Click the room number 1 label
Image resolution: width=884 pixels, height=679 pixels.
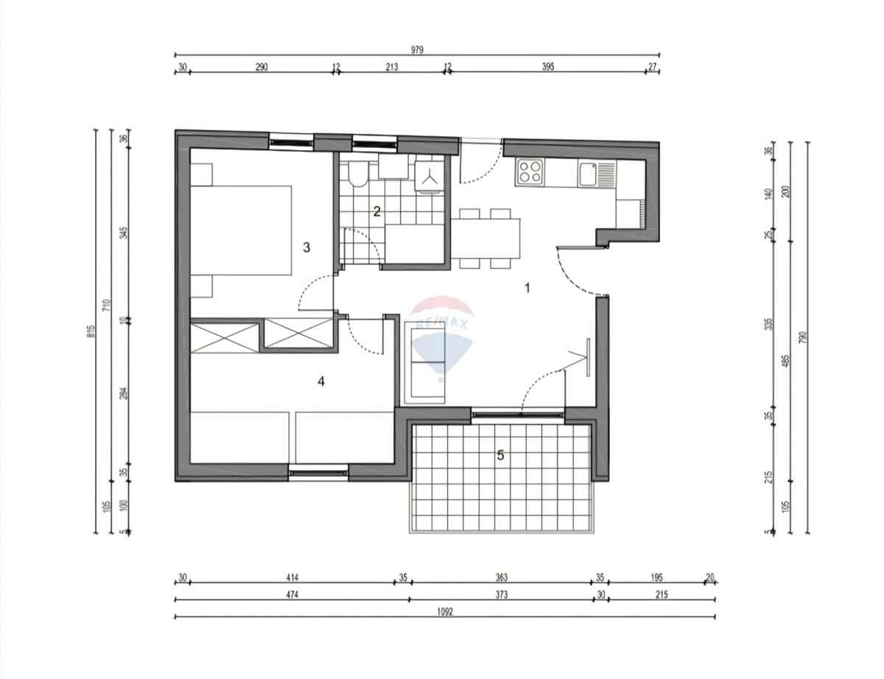(x=527, y=288)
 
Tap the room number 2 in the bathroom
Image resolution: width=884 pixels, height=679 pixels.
(x=376, y=212)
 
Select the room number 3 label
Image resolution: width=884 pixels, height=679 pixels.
(x=306, y=247)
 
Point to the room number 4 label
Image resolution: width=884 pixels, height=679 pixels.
(x=320, y=381)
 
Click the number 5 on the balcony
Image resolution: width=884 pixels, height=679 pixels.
(x=500, y=456)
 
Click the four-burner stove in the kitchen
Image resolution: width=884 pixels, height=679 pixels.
(x=530, y=172)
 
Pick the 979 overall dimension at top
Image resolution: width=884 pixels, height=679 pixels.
(x=418, y=49)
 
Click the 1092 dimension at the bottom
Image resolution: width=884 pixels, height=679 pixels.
(x=444, y=612)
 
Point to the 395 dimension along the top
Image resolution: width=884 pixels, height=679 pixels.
(x=547, y=66)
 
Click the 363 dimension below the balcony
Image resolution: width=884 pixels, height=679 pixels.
(x=502, y=577)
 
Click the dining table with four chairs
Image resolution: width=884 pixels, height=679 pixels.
(x=485, y=238)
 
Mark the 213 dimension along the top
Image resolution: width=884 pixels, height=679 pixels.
(x=391, y=66)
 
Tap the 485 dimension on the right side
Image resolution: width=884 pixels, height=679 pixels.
(x=786, y=363)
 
